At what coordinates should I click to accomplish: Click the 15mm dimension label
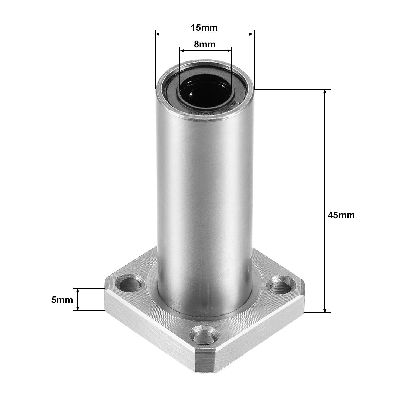(204, 27)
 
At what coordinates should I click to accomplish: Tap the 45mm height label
(341, 215)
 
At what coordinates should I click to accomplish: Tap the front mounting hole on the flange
(203, 335)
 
